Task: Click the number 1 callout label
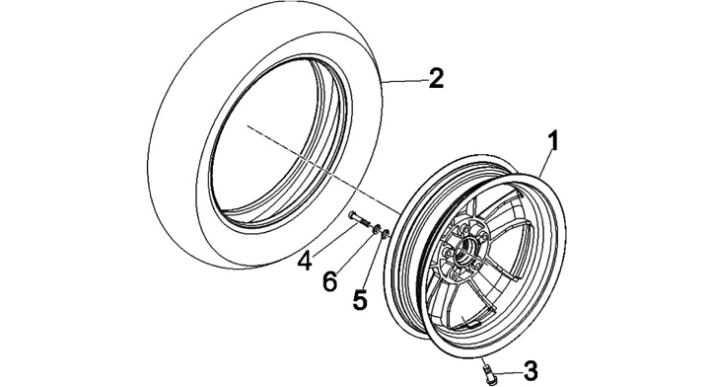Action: pyautogui.click(x=553, y=140)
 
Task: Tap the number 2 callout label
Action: pyautogui.click(x=436, y=78)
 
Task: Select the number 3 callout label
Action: pyautogui.click(x=531, y=370)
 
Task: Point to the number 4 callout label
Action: pyautogui.click(x=306, y=261)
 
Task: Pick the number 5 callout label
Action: pyautogui.click(x=360, y=299)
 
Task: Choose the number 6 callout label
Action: pyautogui.click(x=329, y=281)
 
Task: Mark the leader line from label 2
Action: pyautogui.click(x=404, y=80)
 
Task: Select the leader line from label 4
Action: pyautogui.click(x=334, y=238)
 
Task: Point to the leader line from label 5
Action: pyautogui.click(x=374, y=263)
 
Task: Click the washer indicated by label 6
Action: pyautogui.click(x=376, y=230)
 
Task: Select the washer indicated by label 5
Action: pyautogui.click(x=385, y=234)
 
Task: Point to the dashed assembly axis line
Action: pyautogui.click(x=323, y=169)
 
